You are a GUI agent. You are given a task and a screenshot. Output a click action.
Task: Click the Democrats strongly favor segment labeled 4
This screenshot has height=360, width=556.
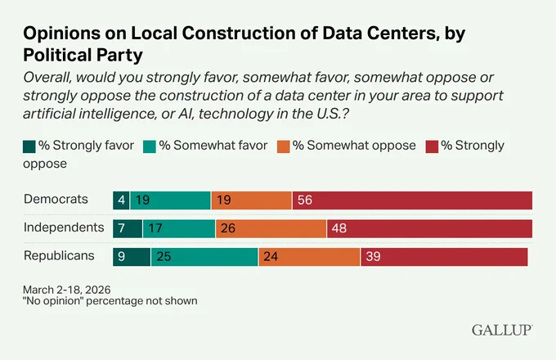click(121, 200)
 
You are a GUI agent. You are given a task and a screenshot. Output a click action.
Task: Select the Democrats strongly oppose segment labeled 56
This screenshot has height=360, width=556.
click(412, 200)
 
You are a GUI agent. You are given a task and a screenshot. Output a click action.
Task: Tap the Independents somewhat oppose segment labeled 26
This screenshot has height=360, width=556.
click(271, 229)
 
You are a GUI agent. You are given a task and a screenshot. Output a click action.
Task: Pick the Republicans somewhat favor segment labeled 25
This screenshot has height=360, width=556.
click(204, 257)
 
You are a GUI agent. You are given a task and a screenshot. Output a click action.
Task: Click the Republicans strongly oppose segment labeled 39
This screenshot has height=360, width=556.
click(444, 257)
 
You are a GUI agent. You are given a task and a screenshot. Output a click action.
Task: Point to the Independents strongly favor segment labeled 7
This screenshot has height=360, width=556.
click(128, 229)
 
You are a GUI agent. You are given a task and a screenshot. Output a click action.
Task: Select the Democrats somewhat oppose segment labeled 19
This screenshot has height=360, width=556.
click(252, 200)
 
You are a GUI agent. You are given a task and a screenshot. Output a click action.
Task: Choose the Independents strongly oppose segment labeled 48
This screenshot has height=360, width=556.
click(430, 229)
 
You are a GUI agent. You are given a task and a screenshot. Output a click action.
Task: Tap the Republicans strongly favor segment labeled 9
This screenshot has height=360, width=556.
click(132, 257)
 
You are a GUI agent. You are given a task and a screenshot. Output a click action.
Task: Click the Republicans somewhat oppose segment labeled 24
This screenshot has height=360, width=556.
click(309, 257)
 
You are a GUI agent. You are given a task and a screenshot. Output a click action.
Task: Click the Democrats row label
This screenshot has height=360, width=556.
click(56, 200)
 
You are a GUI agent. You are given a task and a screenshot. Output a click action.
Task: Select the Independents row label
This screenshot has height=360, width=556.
click(64, 227)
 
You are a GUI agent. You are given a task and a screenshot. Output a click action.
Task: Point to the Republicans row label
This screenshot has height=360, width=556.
click(59, 256)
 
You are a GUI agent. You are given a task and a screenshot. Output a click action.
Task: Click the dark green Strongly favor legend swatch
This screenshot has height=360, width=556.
click(29, 146)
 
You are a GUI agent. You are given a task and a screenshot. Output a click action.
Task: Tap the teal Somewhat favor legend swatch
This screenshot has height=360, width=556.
click(150, 146)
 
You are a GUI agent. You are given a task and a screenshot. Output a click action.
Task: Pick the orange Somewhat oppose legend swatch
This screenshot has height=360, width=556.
click(284, 146)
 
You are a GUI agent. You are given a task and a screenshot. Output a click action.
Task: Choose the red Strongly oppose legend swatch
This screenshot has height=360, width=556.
click(432, 146)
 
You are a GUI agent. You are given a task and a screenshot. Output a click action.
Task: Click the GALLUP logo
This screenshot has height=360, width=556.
click(502, 331)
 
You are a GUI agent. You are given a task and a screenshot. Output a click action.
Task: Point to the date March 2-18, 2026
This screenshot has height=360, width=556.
click(67, 290)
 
